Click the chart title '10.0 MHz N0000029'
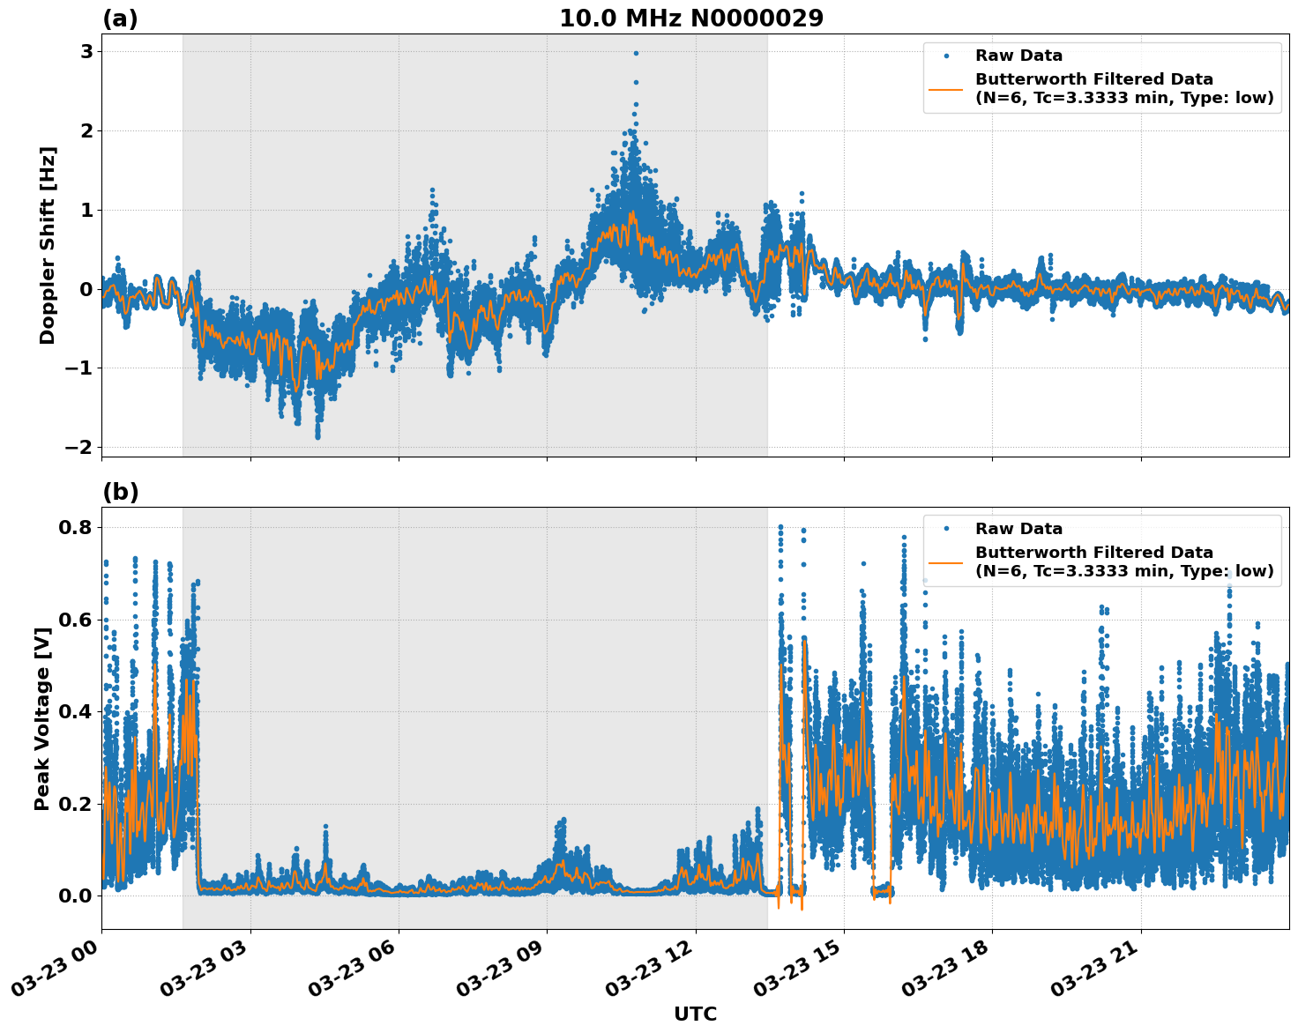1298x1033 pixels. [691, 19]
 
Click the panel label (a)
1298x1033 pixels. [120, 19]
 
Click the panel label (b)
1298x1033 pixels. [120, 492]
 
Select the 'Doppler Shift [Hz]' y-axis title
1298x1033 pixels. [48, 245]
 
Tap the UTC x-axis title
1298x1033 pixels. [695, 1014]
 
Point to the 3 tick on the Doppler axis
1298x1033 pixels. [86, 51]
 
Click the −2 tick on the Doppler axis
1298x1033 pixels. [78, 447]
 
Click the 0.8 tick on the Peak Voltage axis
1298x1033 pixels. [77, 527]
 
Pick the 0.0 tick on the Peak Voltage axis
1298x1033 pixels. [77, 896]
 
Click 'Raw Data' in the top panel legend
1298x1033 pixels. [1018, 56]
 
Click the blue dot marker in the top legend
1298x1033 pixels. [946, 56]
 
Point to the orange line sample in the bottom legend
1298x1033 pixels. [946, 561]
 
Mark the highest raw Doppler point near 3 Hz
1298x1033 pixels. [636, 53]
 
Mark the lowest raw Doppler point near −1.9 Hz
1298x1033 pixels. [318, 436]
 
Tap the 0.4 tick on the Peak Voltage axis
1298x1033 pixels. [77, 711]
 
